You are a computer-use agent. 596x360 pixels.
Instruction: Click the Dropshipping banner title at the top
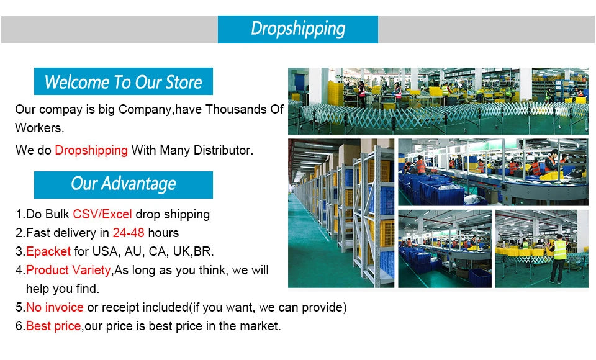297,29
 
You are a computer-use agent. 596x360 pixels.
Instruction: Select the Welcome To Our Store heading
123,82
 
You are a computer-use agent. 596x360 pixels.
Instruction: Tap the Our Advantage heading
123,184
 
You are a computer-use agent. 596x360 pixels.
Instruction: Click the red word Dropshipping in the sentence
91,150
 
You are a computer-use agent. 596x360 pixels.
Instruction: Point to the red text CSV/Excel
102,215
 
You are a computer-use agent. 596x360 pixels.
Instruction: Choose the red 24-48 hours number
129,233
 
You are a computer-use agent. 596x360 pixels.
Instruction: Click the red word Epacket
48,252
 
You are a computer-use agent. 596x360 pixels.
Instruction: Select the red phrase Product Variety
68,271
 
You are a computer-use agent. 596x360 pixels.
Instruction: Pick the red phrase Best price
53,326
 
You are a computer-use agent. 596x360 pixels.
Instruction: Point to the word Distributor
223,150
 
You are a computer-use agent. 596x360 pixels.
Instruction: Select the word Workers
39,128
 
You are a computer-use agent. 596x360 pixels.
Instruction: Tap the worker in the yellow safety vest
559,254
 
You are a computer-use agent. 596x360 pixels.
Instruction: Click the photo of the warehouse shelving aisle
341,213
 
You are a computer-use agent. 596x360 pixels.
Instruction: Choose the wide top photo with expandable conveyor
438,101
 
